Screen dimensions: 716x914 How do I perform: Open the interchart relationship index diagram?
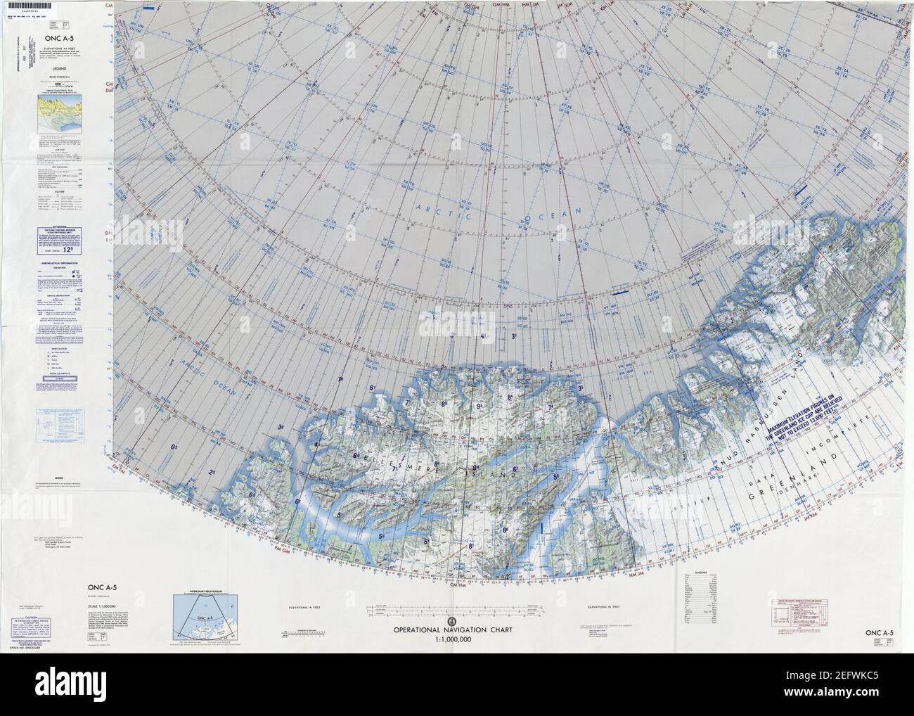click(x=202, y=602)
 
